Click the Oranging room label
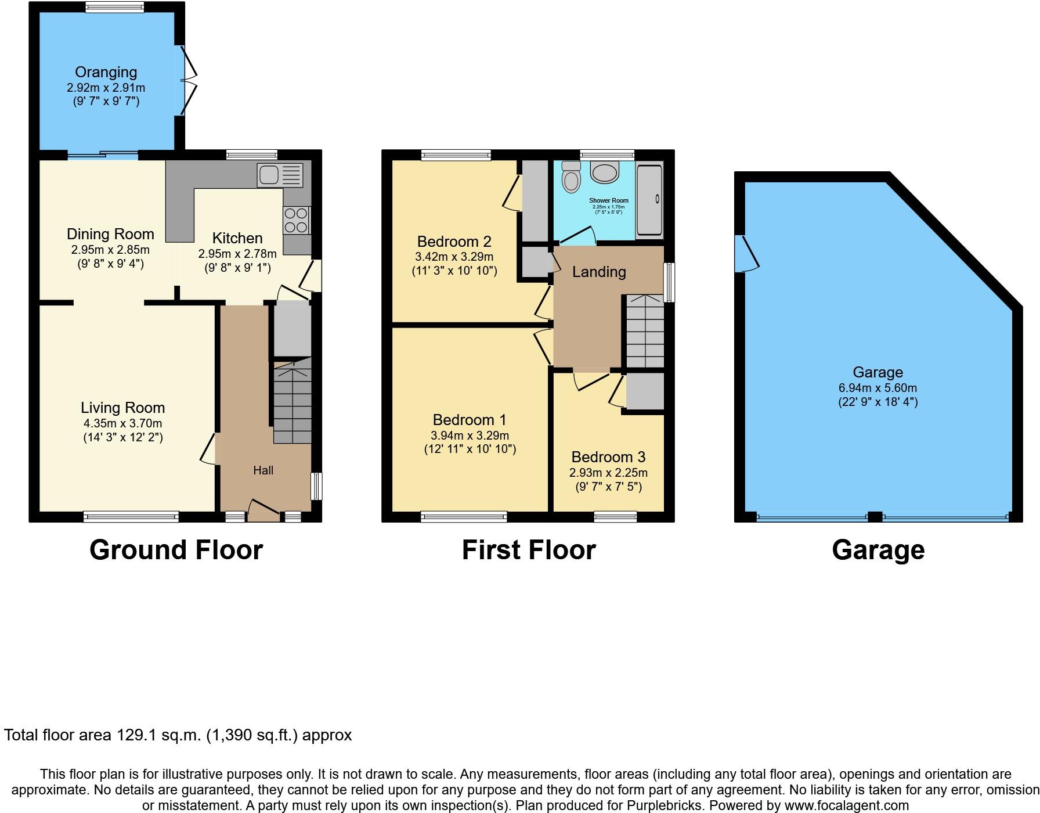106,73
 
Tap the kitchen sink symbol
280,175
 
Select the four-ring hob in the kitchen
297,220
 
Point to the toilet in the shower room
571,177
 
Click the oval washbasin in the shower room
605,172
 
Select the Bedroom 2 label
454,242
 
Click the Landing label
599,272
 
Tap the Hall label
263,470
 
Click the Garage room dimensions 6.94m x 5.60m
878,388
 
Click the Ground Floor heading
176,550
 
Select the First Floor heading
528,550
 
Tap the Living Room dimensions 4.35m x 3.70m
122,423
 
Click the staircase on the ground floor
292,404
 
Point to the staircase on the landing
644,332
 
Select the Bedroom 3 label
608,457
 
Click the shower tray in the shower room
649,200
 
